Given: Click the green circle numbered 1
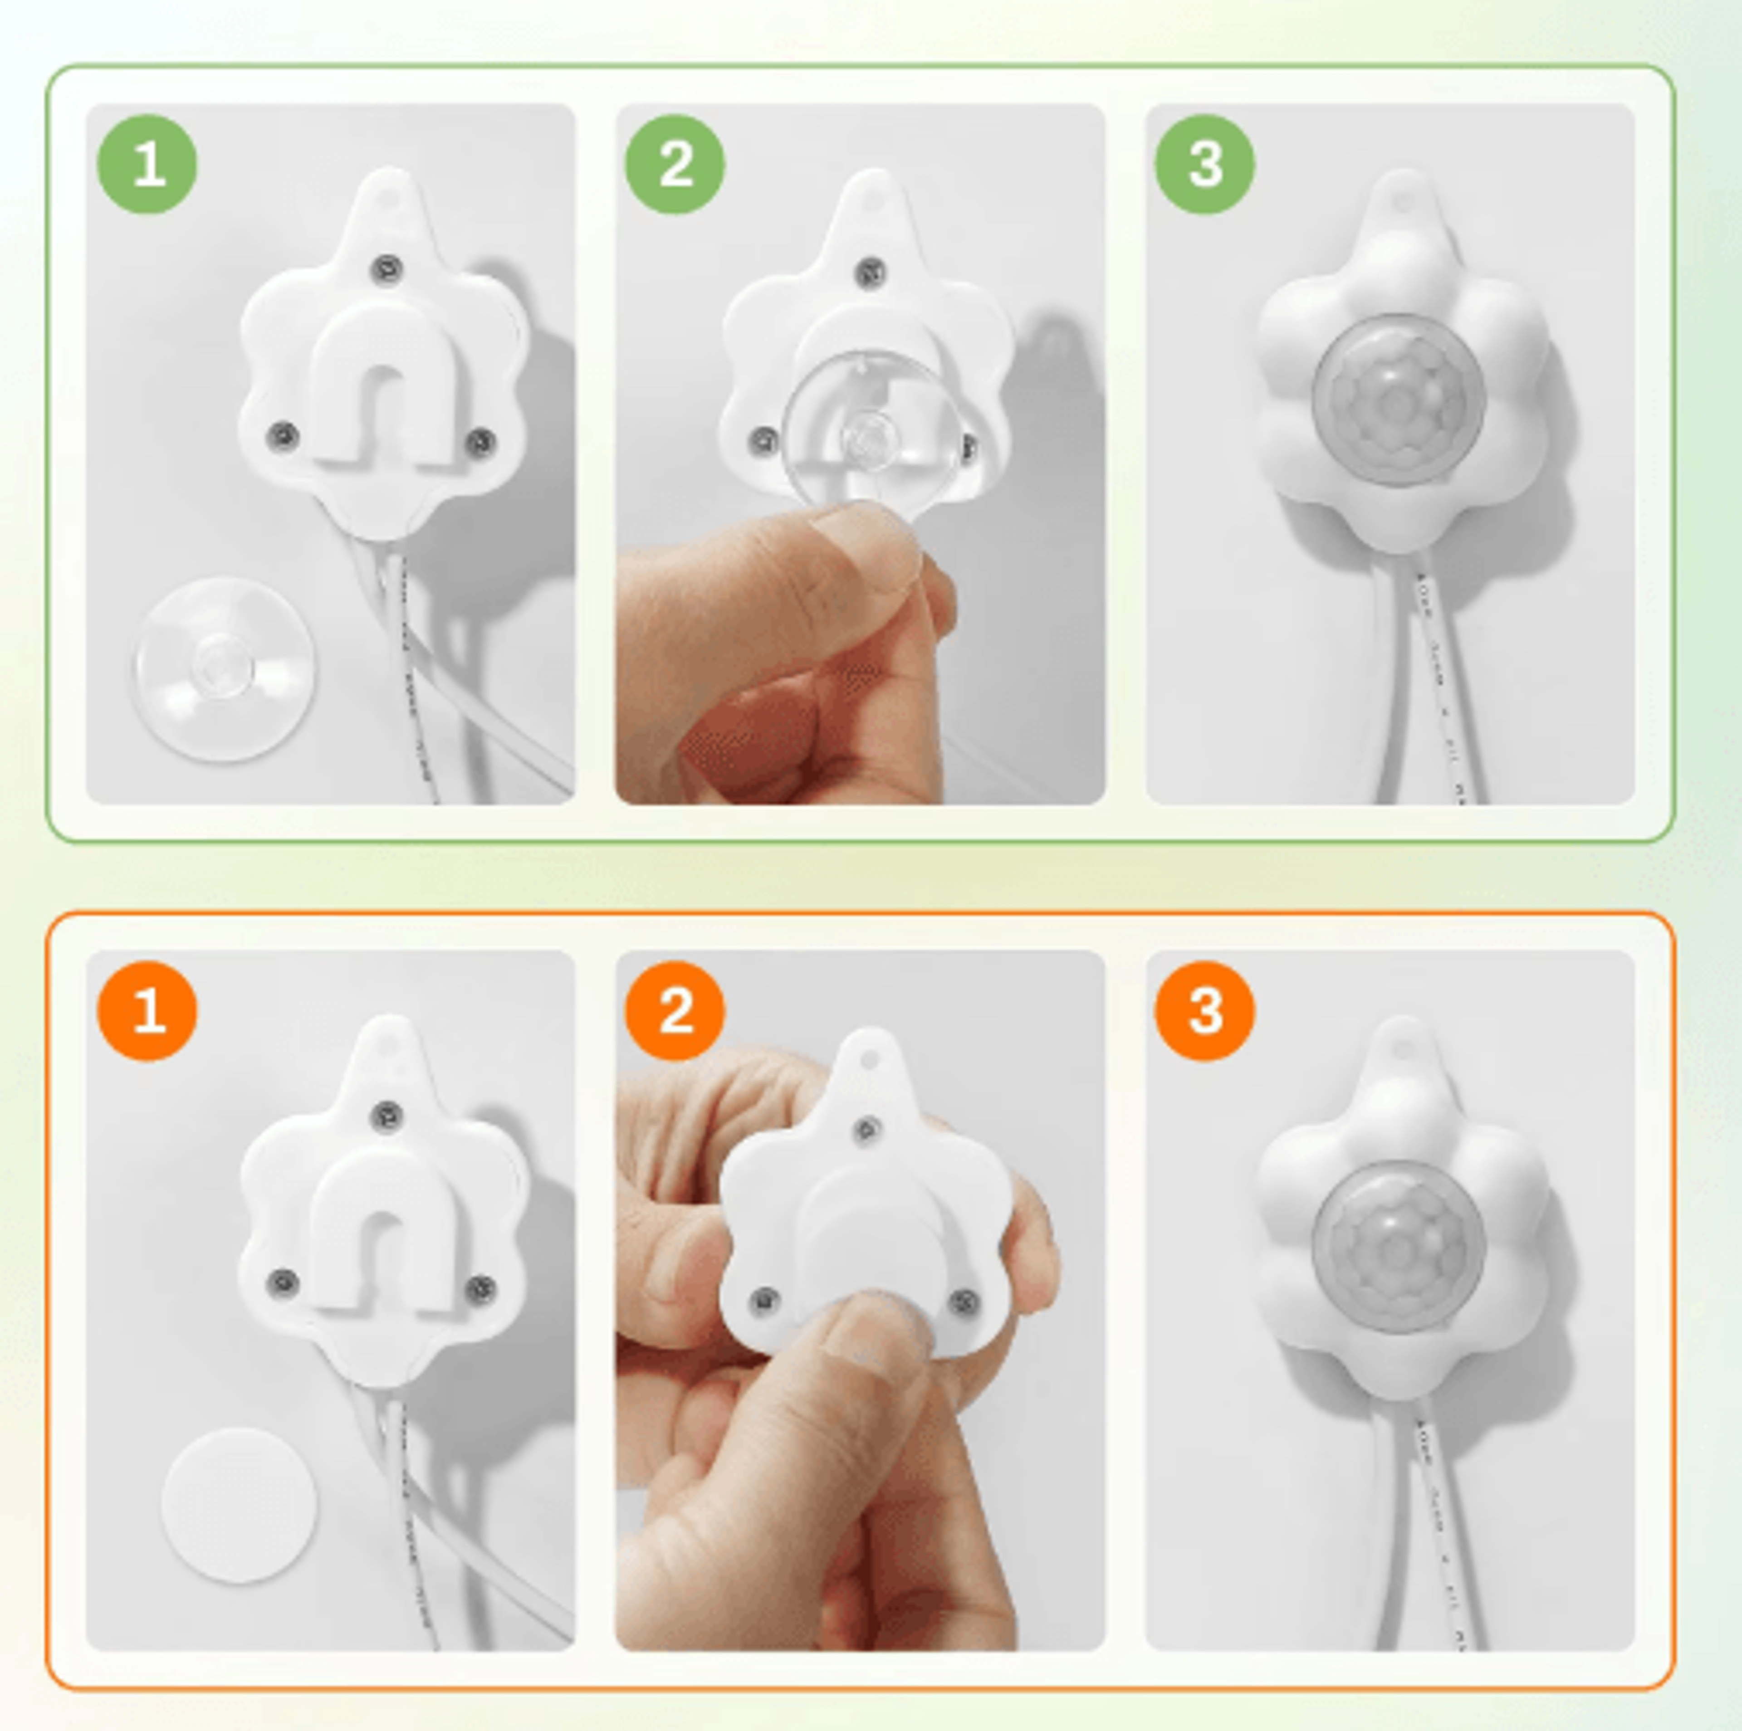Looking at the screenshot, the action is click(147, 164).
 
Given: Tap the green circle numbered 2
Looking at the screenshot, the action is click(675, 164).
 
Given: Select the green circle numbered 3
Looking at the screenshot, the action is click(1204, 164).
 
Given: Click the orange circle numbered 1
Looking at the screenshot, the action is click(147, 1010).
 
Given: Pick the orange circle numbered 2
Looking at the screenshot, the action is click(675, 1010).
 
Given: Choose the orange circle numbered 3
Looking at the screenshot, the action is click(1204, 1010).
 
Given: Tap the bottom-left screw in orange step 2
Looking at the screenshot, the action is click(764, 1300).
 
